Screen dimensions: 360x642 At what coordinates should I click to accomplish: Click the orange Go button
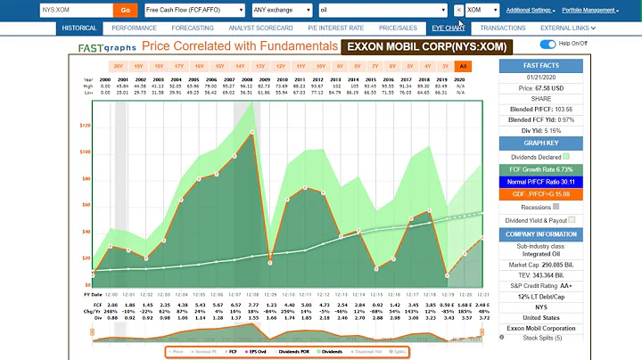tap(125, 10)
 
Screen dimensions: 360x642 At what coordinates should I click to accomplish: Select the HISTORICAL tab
tap(79, 28)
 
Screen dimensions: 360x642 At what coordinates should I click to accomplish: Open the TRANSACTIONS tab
tap(502, 28)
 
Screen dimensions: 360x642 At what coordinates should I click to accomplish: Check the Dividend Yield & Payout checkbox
tap(572, 219)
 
